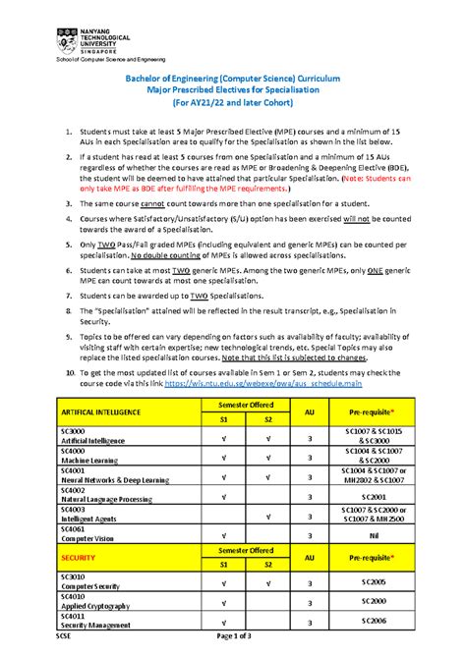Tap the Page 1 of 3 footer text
[x=233, y=636]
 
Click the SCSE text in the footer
[x=64, y=636]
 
